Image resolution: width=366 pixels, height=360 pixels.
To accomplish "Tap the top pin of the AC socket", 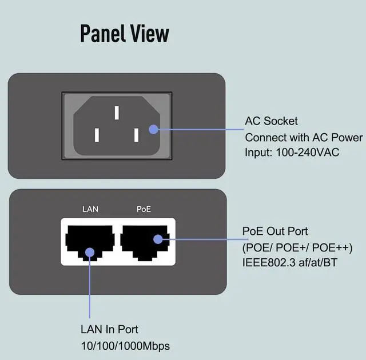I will coord(117,112).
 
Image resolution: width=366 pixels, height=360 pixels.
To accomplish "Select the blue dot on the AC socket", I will coord(153,129).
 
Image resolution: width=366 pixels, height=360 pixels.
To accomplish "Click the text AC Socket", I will coord(272,121).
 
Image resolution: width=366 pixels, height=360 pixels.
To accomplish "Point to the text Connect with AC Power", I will coord(304,137).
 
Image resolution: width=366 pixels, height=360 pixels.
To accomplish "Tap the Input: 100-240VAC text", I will coord(292,153).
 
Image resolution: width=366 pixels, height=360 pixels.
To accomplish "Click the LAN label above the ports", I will coord(90,209).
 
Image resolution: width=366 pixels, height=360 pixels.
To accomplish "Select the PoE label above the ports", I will coord(144,209).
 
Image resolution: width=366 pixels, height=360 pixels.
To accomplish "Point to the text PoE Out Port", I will coord(275,231).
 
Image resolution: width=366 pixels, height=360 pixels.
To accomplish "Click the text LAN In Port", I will coord(109,330).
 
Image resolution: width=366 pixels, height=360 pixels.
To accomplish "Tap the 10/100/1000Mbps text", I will coord(125,346).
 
